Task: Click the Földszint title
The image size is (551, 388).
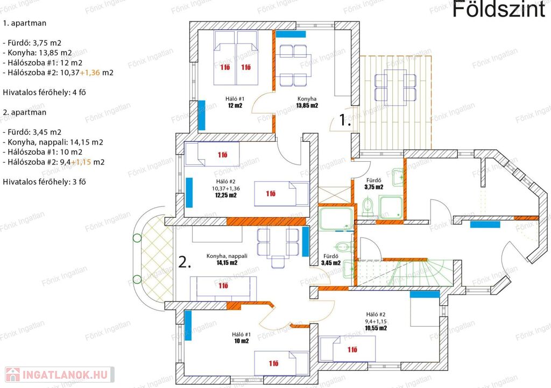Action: point(499,9)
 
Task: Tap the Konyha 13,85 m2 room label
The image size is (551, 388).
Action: point(307,102)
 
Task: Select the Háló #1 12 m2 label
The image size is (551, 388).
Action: point(235,102)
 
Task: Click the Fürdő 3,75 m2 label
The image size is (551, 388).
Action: point(373,184)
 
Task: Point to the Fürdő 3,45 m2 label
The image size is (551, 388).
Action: point(331,260)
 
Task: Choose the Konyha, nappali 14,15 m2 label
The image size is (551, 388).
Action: point(227,259)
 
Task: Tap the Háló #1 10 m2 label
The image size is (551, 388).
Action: point(242,337)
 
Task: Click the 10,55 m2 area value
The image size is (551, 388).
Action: point(376,328)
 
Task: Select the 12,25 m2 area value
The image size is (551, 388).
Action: point(226,196)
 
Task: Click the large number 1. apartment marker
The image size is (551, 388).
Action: point(345,120)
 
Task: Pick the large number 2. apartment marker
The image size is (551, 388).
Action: point(185,262)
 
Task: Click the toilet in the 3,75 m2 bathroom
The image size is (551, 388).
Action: point(367,206)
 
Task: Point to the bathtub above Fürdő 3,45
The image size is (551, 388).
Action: point(336,219)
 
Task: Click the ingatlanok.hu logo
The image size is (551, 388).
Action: point(60,375)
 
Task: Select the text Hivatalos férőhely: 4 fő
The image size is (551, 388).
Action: point(44,92)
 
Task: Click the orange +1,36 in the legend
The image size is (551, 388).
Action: point(90,73)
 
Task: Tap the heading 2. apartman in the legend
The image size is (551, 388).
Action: point(25,112)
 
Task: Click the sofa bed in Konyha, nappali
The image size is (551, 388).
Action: point(223,289)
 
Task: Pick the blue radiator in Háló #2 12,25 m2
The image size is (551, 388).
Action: point(189,192)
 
